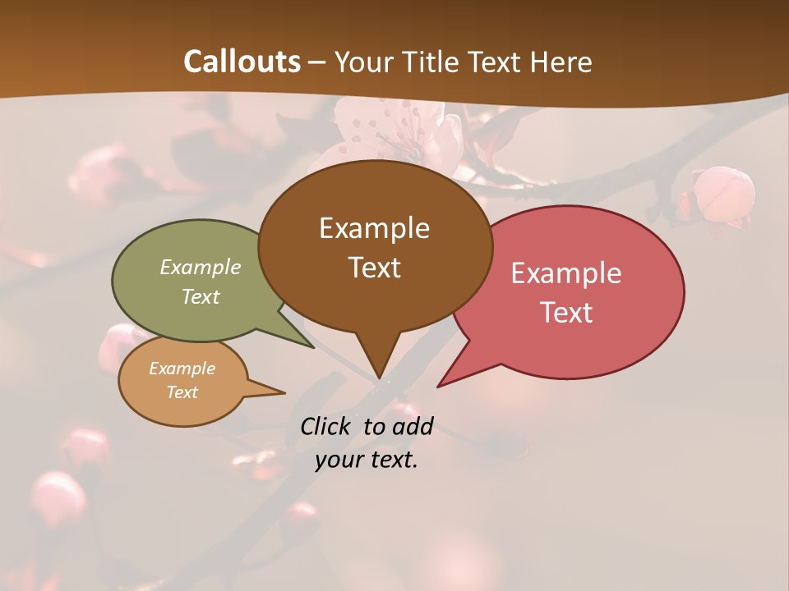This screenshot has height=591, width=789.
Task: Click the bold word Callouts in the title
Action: (242, 62)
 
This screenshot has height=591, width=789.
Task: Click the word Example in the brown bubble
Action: (374, 227)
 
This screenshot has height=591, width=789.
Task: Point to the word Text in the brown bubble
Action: (374, 267)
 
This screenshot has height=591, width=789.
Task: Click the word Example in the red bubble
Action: (566, 273)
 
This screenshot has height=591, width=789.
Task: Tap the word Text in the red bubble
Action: (566, 312)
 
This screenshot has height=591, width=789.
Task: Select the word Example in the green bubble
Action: (201, 267)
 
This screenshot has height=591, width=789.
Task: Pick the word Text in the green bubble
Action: (201, 296)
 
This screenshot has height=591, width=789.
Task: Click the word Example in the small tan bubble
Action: (182, 369)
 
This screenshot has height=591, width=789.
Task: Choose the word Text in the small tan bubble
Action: (182, 392)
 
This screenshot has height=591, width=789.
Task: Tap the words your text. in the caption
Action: (366, 460)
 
